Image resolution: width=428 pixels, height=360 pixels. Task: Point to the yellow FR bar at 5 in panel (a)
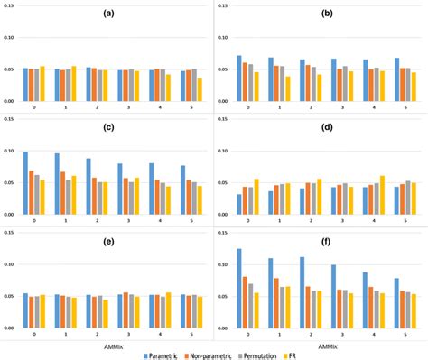[x=200, y=89]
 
